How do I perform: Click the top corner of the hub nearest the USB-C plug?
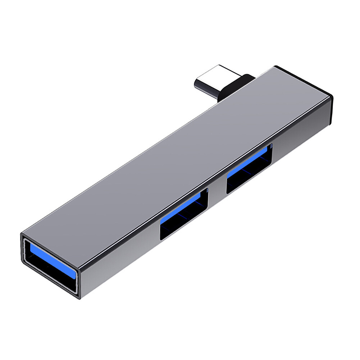coord(275,67)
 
